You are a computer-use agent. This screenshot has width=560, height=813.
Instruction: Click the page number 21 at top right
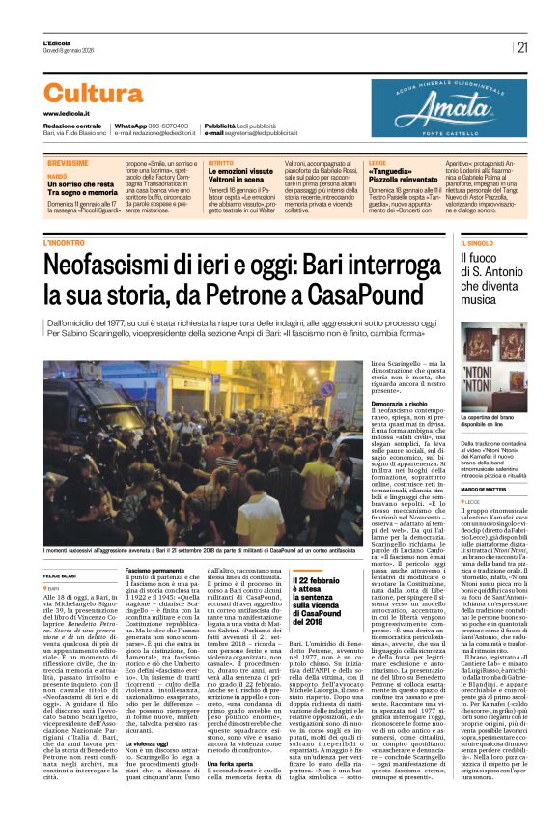pos(522,47)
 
